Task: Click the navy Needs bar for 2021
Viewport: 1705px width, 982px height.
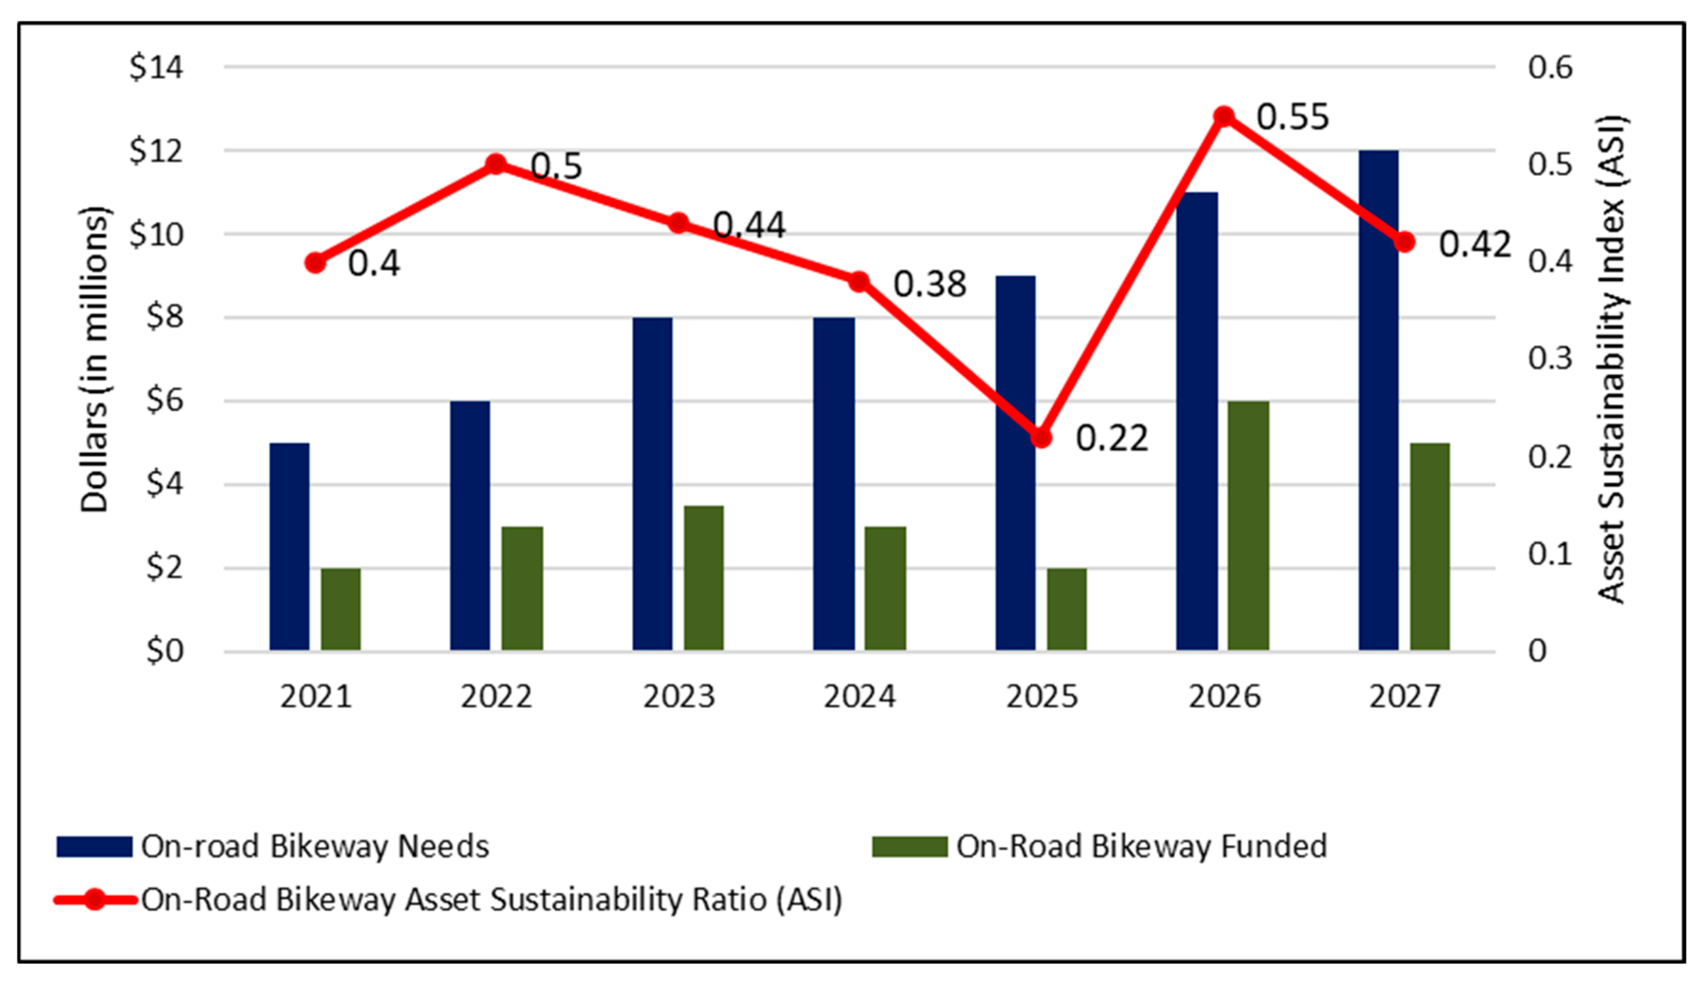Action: (289, 546)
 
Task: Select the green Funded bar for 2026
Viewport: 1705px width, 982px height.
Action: (1248, 526)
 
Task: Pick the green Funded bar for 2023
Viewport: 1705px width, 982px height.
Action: (704, 578)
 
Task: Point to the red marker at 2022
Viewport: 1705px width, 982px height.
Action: (496, 164)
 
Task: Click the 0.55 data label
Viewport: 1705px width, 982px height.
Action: (1292, 117)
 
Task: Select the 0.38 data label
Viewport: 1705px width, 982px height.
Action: (930, 284)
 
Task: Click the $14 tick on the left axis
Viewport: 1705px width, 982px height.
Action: (156, 67)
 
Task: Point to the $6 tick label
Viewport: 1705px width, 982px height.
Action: (164, 400)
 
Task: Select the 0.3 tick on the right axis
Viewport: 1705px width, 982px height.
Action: (1550, 358)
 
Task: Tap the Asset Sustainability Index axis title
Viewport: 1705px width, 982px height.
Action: (1612, 360)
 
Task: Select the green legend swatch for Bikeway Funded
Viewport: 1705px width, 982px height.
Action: (909, 846)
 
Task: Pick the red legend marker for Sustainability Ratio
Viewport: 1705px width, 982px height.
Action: (95, 900)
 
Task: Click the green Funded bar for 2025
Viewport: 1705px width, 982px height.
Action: (1066, 610)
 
